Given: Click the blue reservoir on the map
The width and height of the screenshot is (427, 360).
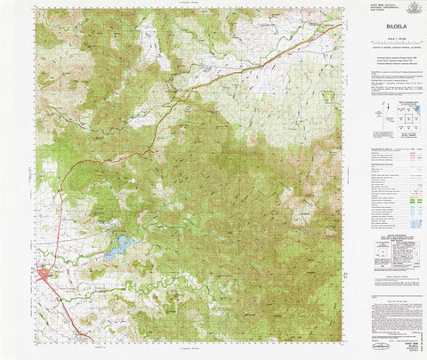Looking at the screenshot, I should pyautogui.click(x=118, y=246).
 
